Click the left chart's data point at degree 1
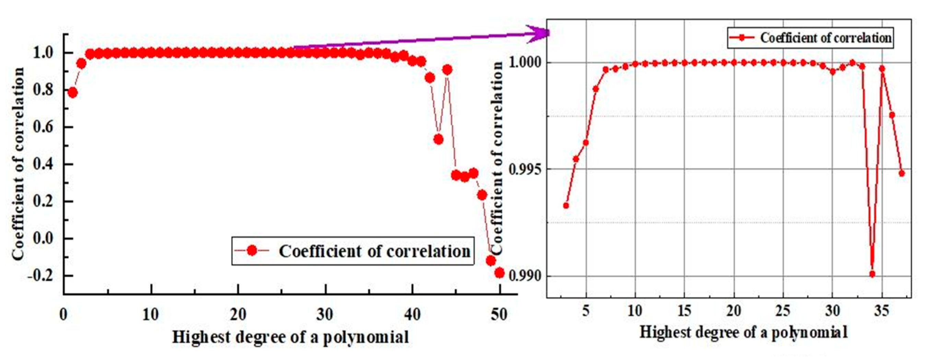(x=72, y=93)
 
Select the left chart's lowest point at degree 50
(x=499, y=273)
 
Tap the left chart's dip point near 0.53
(x=438, y=139)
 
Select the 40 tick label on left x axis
(x=412, y=315)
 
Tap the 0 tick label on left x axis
(x=63, y=315)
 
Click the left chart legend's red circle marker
(x=252, y=251)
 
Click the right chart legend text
(x=826, y=38)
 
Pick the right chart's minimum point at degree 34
(x=872, y=274)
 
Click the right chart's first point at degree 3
(x=566, y=206)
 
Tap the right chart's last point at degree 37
(x=902, y=173)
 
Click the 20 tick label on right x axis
(x=734, y=311)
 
